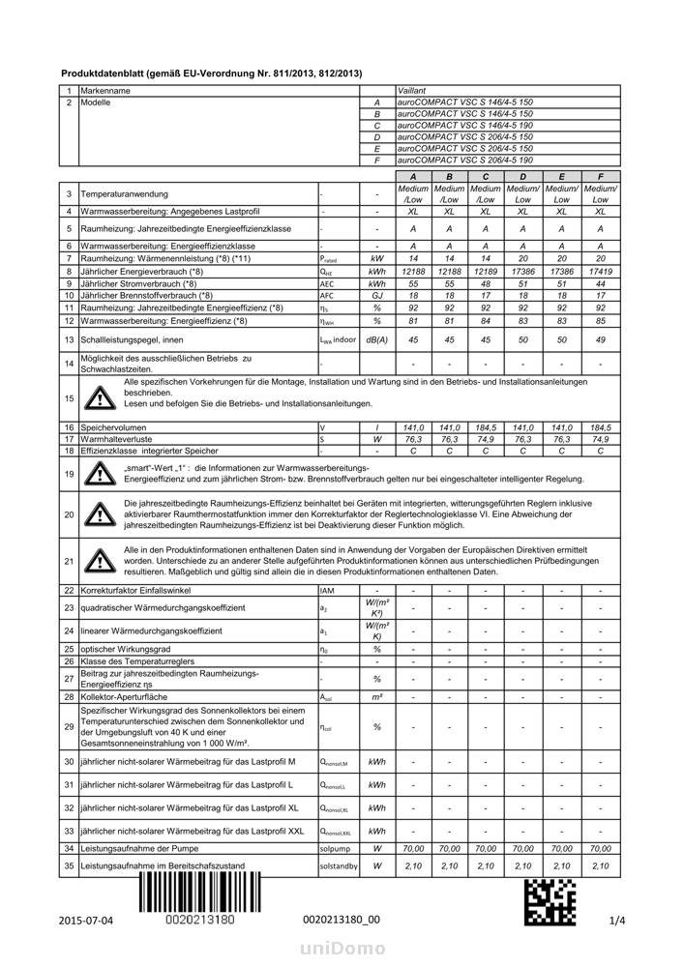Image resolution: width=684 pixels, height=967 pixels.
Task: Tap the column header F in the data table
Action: [601, 177]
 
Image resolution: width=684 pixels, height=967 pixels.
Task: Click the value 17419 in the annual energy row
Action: [601, 273]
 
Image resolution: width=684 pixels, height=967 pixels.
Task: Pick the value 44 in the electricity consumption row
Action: [601, 284]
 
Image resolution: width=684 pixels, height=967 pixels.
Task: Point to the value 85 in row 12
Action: [601, 320]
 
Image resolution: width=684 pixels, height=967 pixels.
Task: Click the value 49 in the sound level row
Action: [601, 340]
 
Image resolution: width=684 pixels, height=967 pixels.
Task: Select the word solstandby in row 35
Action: [338, 865]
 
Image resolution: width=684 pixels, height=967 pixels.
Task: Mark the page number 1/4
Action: [618, 920]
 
